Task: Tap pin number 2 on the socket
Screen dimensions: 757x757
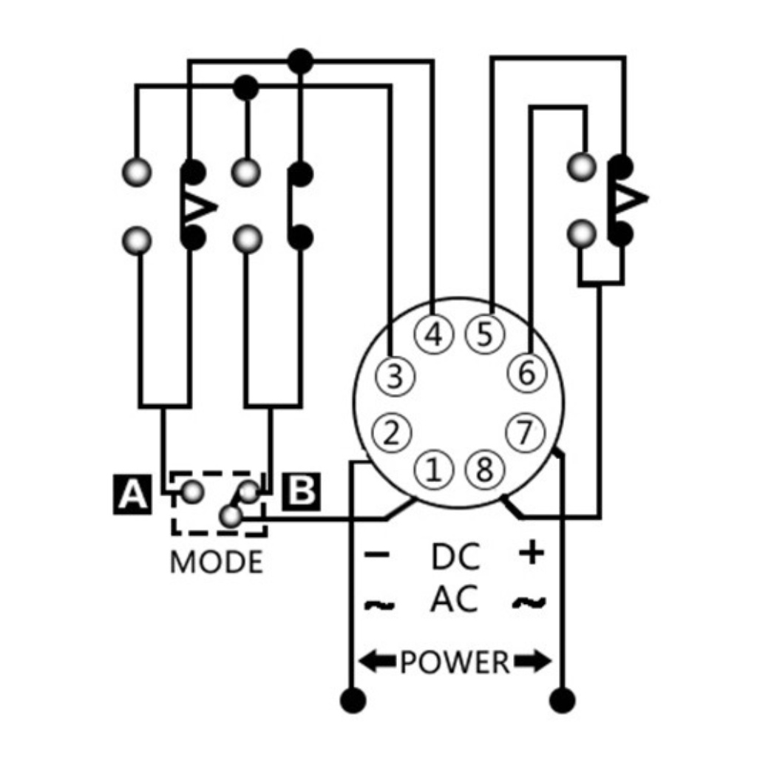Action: (x=393, y=432)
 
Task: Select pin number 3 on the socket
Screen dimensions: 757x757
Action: (x=395, y=376)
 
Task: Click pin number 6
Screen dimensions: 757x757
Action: (x=526, y=373)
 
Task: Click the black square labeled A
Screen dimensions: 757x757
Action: (x=133, y=494)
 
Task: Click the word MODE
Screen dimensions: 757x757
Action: (x=216, y=563)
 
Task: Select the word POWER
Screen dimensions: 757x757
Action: (x=455, y=662)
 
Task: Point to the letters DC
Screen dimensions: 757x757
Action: (x=455, y=557)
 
